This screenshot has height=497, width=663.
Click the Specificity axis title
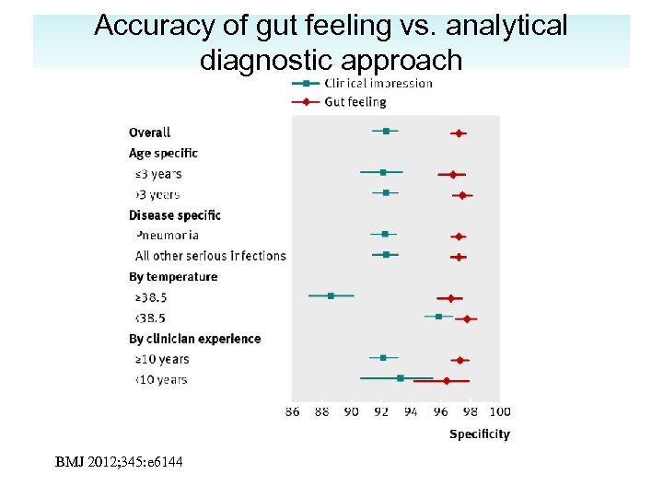click(x=479, y=433)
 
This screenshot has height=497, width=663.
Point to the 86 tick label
click(x=293, y=411)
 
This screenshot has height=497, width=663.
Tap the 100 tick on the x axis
click(x=500, y=411)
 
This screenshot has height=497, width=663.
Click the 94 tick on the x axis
click(x=411, y=411)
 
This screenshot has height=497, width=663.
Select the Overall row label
click(x=149, y=133)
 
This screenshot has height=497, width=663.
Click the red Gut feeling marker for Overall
click(x=458, y=133)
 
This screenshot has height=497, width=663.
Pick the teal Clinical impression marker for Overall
click(x=386, y=132)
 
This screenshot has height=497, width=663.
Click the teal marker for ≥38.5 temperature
click(x=331, y=295)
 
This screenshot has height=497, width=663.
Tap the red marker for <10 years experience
click(x=447, y=380)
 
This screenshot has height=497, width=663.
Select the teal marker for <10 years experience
click(x=400, y=377)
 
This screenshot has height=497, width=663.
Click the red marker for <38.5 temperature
click(x=467, y=319)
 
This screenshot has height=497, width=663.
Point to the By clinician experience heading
click(x=194, y=339)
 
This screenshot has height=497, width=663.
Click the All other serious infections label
click(x=210, y=256)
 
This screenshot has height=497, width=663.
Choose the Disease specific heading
click(x=175, y=215)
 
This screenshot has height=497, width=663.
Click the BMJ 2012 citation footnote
click(x=119, y=461)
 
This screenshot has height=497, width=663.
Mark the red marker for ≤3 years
click(x=452, y=174)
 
